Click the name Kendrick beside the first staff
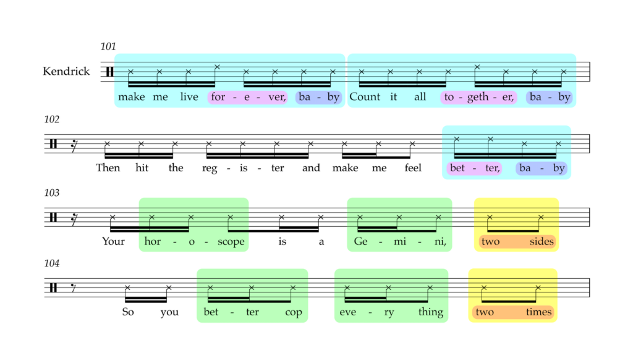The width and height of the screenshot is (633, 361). [x=66, y=72]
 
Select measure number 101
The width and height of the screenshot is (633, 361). [x=108, y=46]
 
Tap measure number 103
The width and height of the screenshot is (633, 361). [x=52, y=193]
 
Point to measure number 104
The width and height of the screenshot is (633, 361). [x=52, y=263]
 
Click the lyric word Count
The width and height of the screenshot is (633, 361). [x=365, y=97]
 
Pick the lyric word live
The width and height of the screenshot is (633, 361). [x=189, y=97]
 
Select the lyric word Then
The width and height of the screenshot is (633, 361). [x=108, y=168]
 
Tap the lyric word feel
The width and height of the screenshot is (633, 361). [x=413, y=168]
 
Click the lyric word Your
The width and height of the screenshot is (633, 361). [x=113, y=241]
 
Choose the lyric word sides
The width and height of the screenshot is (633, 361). [x=542, y=241]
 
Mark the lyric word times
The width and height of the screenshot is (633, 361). [x=538, y=312]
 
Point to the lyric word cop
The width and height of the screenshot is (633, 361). [x=294, y=313]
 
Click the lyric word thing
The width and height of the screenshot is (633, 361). [x=431, y=312]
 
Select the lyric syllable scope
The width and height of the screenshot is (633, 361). [x=231, y=242]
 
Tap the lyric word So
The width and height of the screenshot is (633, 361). [x=128, y=312]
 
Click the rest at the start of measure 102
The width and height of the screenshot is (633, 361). [x=74, y=146]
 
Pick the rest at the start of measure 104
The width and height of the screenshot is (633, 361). [x=74, y=287]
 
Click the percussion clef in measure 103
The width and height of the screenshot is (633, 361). [x=53, y=217]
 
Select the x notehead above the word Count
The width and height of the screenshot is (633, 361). [x=361, y=72]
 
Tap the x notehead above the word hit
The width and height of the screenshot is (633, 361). [x=141, y=144]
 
